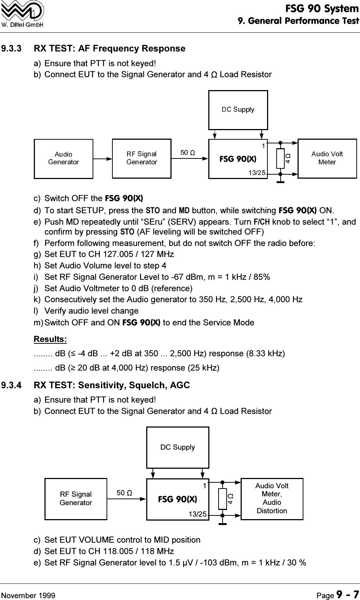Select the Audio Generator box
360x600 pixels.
pyautogui.click(x=64, y=158)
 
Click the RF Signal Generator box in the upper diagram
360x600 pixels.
pyautogui.click(x=141, y=158)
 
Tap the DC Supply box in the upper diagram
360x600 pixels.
pyautogui.click(x=238, y=110)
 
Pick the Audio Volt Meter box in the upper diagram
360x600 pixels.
pyautogui.click(x=327, y=158)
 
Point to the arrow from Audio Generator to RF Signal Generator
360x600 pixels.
pyautogui.click(x=102, y=159)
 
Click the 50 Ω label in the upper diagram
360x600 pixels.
pyautogui.click(x=187, y=152)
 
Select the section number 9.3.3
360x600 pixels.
pyautogui.click(x=17, y=49)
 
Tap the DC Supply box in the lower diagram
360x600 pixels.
pyautogui.click(x=178, y=447)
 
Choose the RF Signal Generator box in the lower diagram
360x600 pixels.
pyautogui.click(x=76, y=499)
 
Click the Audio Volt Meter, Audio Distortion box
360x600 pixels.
pyautogui.click(x=272, y=499)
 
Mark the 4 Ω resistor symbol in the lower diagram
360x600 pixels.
pyautogui.click(x=223, y=499)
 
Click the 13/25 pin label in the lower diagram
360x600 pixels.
pyautogui.click(x=197, y=514)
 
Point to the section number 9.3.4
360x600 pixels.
pyautogui.click(x=17, y=385)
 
